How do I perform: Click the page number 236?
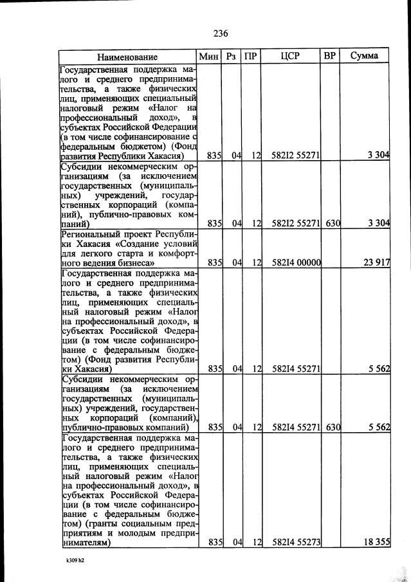[x=221, y=33]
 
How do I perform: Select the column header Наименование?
[x=127, y=57]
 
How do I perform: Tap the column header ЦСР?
[x=291, y=57]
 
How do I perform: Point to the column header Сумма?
[x=364, y=57]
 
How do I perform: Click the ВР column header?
[x=330, y=57]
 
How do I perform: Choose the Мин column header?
[x=209, y=57]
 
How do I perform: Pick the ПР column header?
[x=251, y=57]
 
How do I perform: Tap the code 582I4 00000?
[x=296, y=262]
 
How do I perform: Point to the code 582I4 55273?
[x=296, y=543]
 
